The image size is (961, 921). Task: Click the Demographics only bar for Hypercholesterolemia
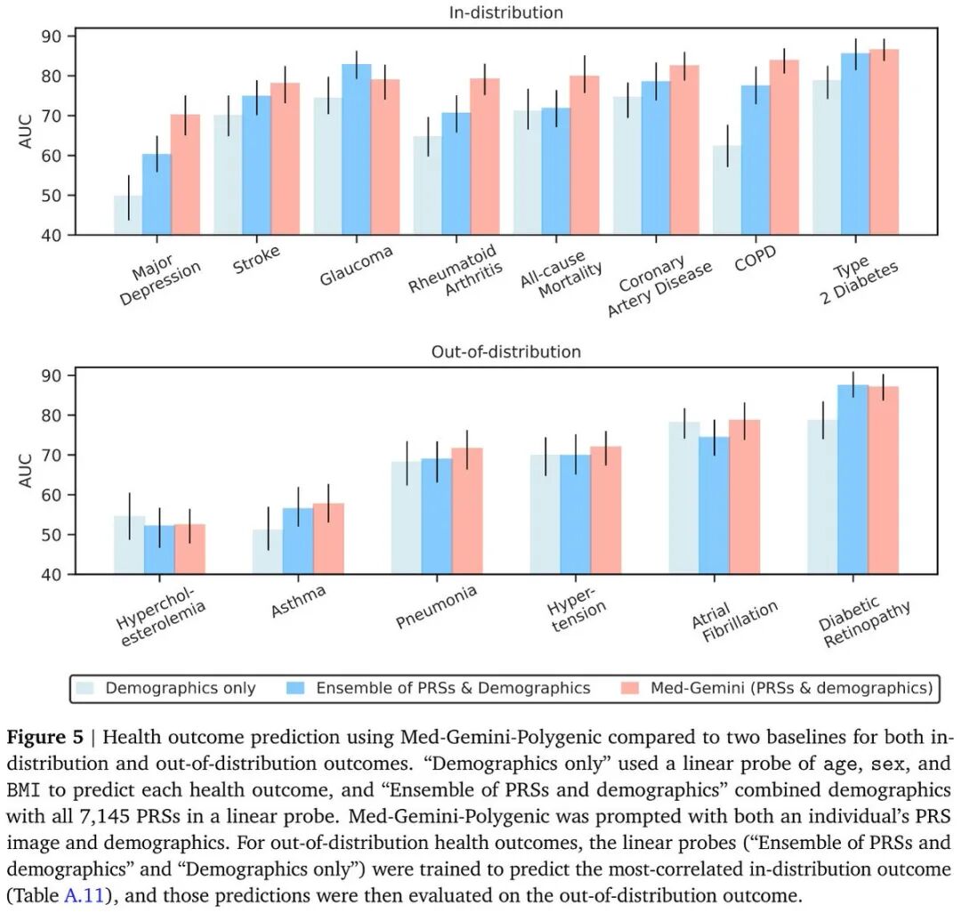click(129, 545)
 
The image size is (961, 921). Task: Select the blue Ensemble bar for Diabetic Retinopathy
click(852, 480)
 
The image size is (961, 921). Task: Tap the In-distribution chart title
click(506, 12)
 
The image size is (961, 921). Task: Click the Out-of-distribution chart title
click(506, 351)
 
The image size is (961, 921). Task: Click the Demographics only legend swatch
click(86, 688)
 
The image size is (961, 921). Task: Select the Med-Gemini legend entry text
click(791, 688)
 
